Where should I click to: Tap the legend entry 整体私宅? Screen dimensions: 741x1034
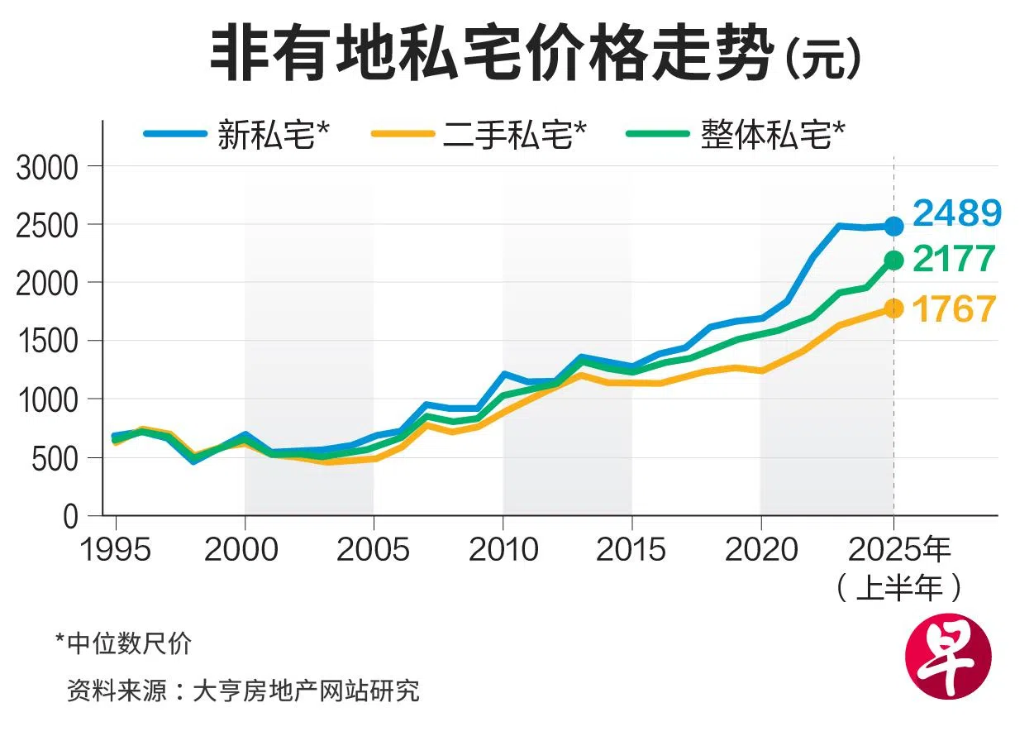click(x=772, y=134)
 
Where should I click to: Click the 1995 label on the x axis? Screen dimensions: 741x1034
click(x=116, y=549)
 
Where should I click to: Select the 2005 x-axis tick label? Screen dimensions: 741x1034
click(x=373, y=549)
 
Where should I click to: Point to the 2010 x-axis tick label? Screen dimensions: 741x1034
click(x=503, y=549)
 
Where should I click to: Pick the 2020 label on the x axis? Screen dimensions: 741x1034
click(x=760, y=549)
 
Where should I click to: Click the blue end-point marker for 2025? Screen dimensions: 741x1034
click(x=893, y=226)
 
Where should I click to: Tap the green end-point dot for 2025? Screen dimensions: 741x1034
click(x=893, y=261)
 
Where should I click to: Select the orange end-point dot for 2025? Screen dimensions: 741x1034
click(x=893, y=308)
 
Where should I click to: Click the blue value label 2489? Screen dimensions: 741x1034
click(x=957, y=214)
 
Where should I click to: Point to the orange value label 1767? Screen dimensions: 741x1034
click(x=954, y=310)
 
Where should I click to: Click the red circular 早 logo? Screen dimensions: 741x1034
click(x=947, y=659)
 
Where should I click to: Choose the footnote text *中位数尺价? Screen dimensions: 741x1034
click(x=123, y=643)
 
